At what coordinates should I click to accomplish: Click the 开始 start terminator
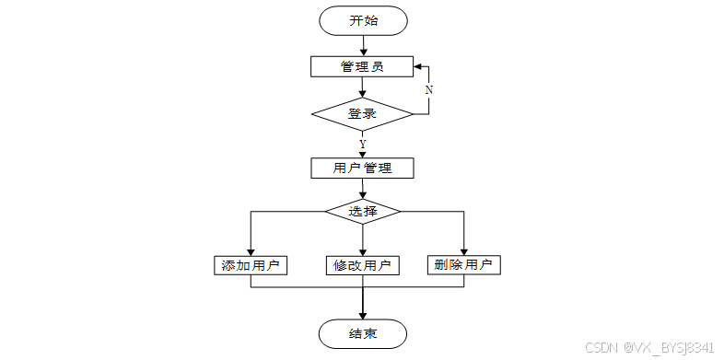click(363, 21)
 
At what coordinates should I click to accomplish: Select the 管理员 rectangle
click(362, 66)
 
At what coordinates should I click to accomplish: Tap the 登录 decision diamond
click(363, 113)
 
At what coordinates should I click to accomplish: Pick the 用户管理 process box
click(362, 168)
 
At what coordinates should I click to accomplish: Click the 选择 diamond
click(363, 212)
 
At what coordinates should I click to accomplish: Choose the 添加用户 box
click(251, 265)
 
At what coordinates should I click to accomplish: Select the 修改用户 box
click(363, 265)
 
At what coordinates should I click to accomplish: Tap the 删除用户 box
click(463, 265)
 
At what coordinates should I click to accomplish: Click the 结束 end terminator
click(363, 333)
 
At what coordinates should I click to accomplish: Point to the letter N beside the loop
click(429, 90)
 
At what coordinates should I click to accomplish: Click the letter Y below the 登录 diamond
click(363, 144)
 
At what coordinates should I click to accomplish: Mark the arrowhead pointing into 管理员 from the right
click(417, 66)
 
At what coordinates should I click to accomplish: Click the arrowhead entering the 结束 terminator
click(363, 315)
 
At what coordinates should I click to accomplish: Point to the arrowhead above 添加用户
click(251, 251)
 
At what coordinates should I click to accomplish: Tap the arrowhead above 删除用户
click(463, 251)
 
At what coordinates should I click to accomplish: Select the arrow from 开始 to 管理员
click(363, 46)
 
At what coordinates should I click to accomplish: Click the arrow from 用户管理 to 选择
click(363, 189)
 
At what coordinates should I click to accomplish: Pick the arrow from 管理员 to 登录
click(363, 87)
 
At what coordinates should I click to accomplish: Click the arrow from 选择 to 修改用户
click(363, 239)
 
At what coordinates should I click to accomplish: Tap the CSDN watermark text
click(602, 347)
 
